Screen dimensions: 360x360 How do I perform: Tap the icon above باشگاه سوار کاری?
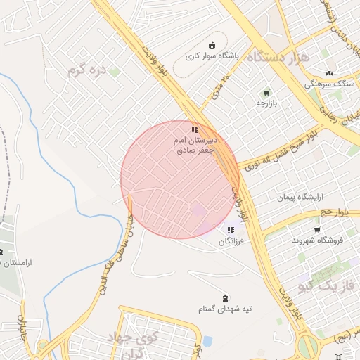[x=212, y=46]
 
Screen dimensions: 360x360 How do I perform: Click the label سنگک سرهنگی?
[x=327, y=83]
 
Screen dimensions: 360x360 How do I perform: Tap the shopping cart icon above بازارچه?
[x=266, y=93]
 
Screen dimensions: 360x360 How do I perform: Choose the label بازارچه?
[x=266, y=103]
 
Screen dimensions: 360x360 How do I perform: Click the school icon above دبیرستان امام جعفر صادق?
[x=195, y=129]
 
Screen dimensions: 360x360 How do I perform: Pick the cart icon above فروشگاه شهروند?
[x=317, y=230]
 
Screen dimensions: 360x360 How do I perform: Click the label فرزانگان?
[x=231, y=241]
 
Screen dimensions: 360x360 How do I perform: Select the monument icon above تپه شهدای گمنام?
[x=225, y=298]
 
